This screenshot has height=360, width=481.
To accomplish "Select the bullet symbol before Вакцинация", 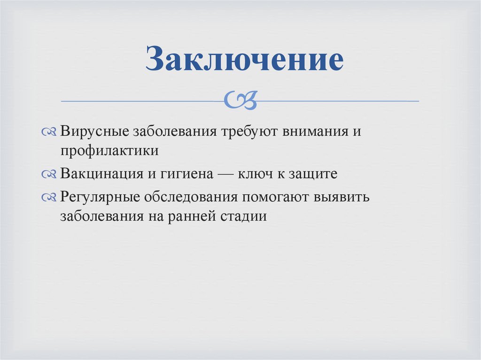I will click(x=49, y=174).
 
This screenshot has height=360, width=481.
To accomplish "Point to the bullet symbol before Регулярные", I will click(x=49, y=197).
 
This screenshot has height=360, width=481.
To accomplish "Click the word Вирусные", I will click(x=94, y=131).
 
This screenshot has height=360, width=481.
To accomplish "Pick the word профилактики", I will click(x=109, y=151).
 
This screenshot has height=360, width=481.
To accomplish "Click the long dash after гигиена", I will click(x=228, y=174).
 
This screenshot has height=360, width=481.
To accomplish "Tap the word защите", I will click(x=315, y=175).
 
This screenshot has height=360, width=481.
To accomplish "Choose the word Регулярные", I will click(x=100, y=197).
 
